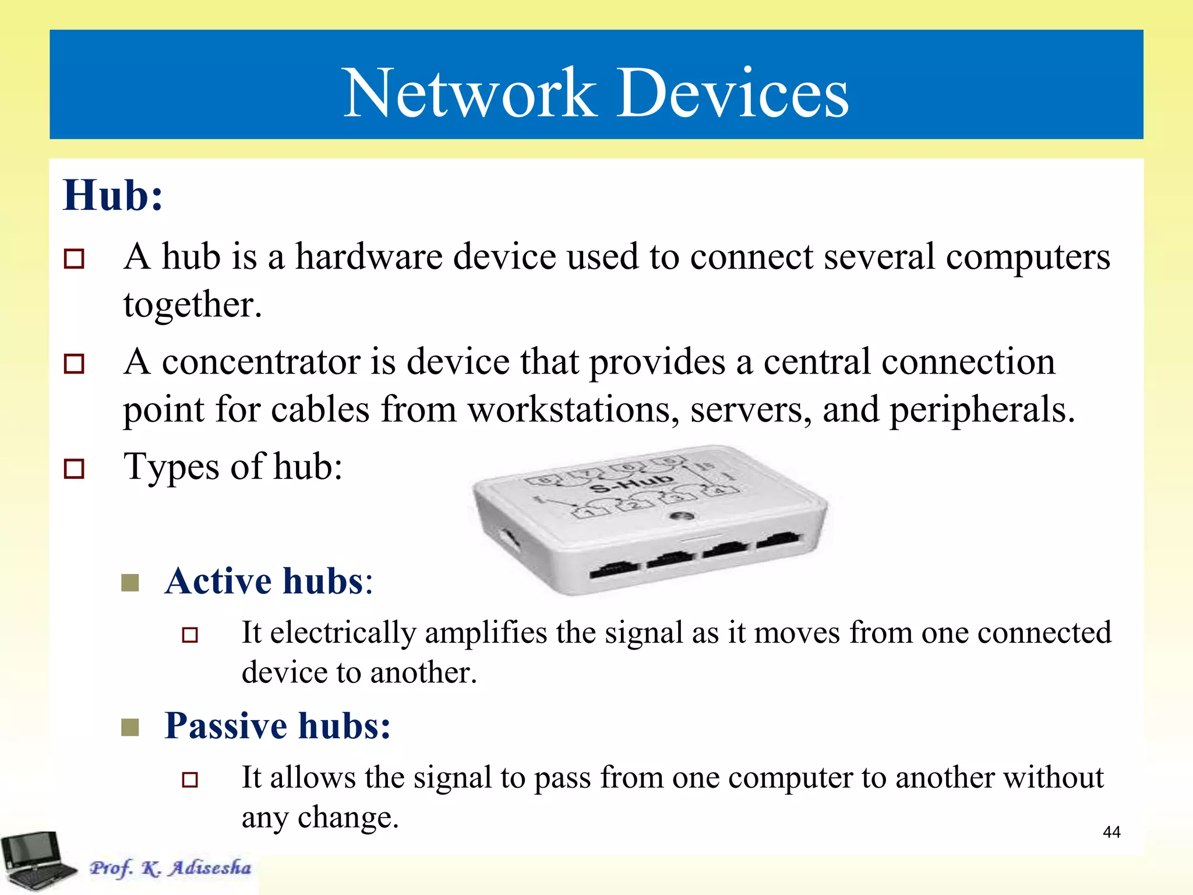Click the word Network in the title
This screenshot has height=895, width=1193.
coord(470,93)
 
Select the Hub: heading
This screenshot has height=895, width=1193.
coord(113,195)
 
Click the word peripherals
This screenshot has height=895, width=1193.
coord(982,409)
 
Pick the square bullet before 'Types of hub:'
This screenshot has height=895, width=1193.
coord(74,468)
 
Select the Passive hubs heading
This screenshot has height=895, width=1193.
coord(277,726)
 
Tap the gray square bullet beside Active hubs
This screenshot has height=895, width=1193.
coord(130,582)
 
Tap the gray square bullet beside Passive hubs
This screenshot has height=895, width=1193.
coord(130,727)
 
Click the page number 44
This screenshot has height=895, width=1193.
coord(1111,832)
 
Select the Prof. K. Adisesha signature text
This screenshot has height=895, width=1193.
coord(170,868)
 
